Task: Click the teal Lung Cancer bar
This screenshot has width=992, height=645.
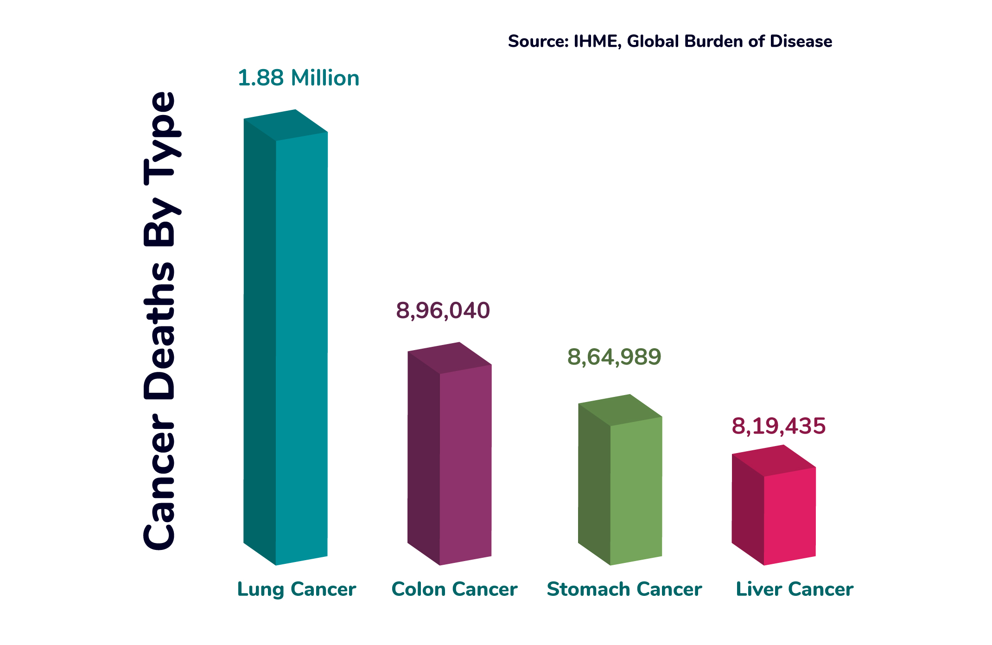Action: tap(297, 343)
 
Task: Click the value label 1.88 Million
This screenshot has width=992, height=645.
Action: tap(299, 78)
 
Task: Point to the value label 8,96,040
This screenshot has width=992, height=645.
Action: tap(443, 310)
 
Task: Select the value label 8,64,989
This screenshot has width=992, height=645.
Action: tap(614, 357)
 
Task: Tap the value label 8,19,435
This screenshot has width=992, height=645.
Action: tap(779, 426)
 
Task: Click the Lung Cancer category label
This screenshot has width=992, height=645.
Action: tap(297, 589)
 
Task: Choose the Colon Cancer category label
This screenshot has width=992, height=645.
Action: tap(454, 589)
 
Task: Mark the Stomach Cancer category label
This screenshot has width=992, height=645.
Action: tap(624, 589)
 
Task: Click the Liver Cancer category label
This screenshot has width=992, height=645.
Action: tap(795, 589)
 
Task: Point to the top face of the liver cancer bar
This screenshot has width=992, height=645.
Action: tap(774, 460)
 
